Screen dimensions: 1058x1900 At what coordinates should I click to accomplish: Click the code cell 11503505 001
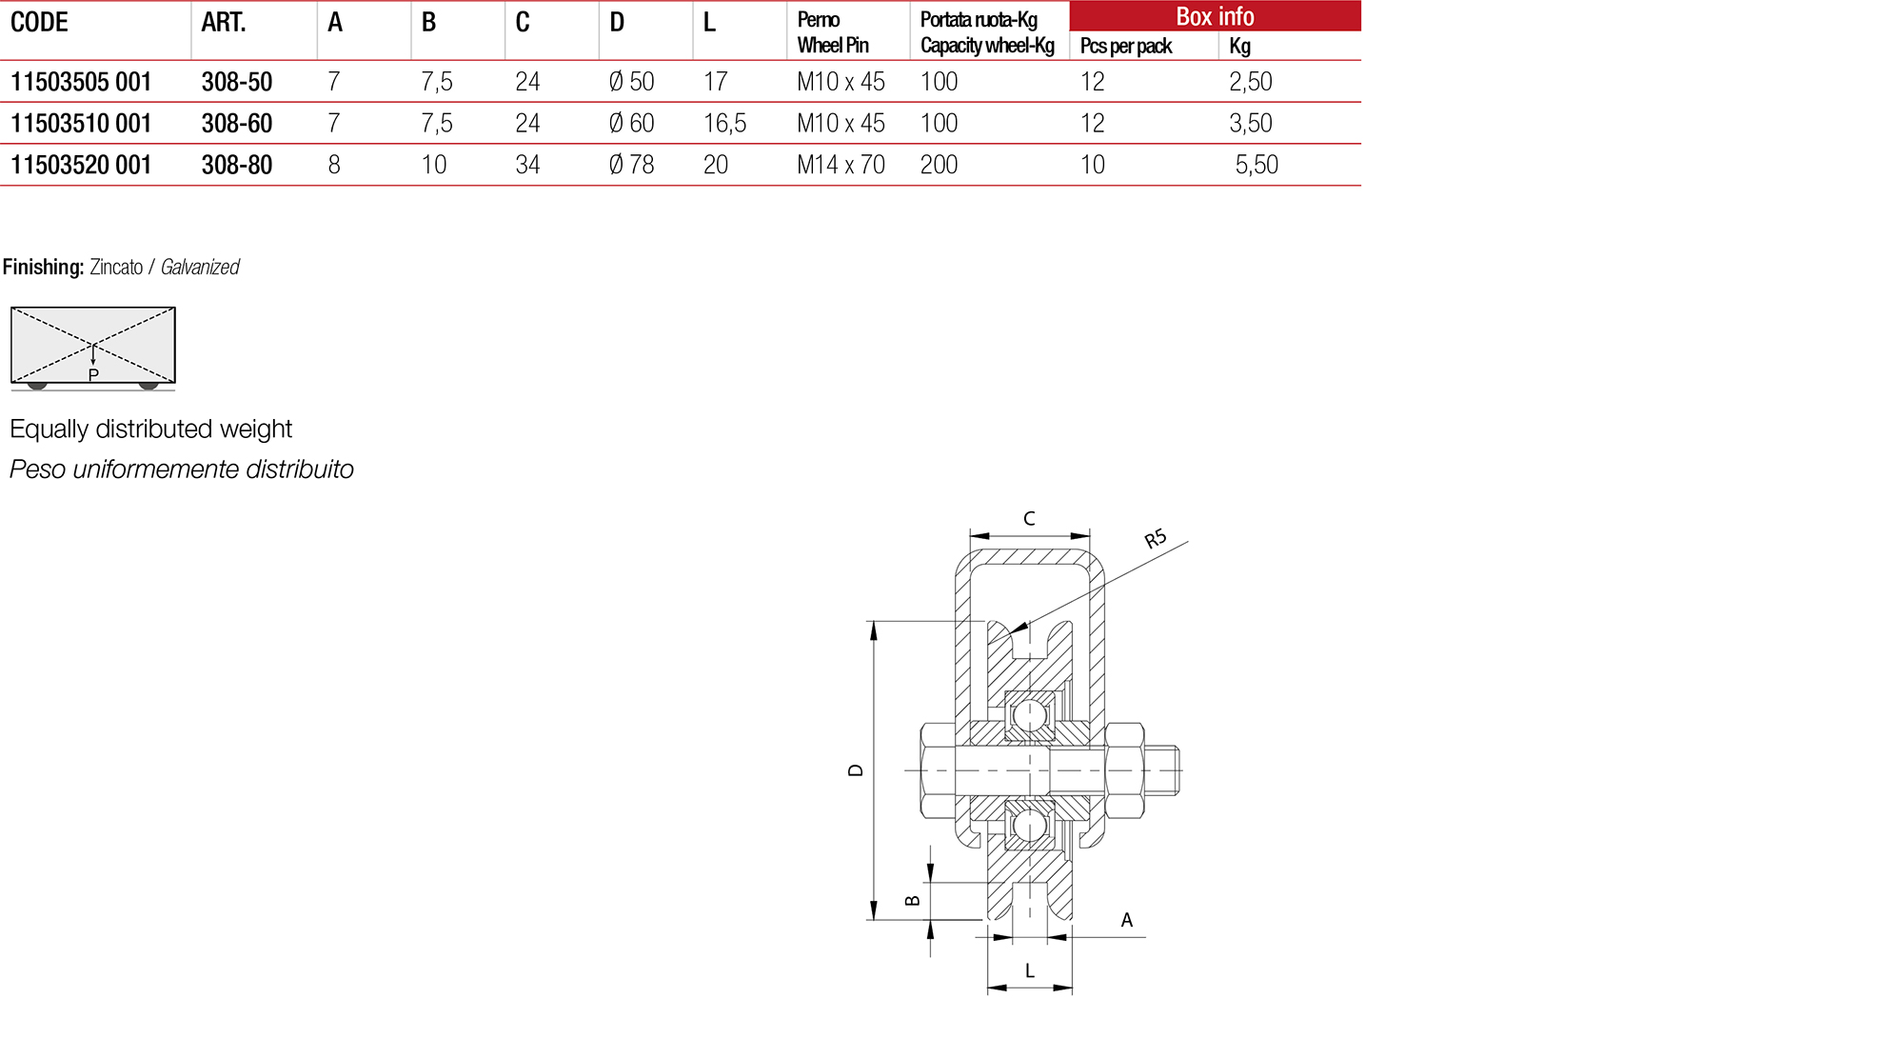click(x=81, y=82)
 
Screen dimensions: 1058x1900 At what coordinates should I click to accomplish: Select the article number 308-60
click(x=236, y=124)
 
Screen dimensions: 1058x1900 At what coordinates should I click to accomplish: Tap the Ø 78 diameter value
click(x=631, y=165)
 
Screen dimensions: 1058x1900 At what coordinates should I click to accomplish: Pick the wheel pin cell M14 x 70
click(x=841, y=165)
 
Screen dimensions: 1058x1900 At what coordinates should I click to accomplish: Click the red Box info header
click(x=1215, y=16)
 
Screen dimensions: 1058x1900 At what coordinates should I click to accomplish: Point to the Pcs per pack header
click(x=1125, y=46)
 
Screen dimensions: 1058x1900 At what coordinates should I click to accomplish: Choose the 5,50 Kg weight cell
click(x=1256, y=165)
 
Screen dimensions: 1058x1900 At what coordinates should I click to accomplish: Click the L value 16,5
click(x=724, y=124)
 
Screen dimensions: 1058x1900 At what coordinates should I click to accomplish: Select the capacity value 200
click(x=939, y=165)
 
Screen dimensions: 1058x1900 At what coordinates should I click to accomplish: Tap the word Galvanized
click(x=200, y=268)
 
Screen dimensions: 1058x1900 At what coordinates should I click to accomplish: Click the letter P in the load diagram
click(x=93, y=375)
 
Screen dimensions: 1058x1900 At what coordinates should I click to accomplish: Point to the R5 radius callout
click(x=1155, y=539)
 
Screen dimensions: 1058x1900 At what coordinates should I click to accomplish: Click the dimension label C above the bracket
click(x=1029, y=519)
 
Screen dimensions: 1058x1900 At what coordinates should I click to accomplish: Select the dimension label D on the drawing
click(x=855, y=770)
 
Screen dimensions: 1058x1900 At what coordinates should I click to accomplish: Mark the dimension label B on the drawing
click(x=912, y=900)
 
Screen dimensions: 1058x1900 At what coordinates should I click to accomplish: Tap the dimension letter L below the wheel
click(x=1030, y=971)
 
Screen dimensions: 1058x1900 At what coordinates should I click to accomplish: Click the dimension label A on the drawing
click(x=1127, y=921)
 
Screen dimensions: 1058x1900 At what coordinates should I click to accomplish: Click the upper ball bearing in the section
click(x=1029, y=715)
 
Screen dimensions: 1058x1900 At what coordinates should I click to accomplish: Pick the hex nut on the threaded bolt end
click(x=1124, y=770)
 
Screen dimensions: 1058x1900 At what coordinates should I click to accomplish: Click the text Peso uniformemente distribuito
click(x=182, y=469)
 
